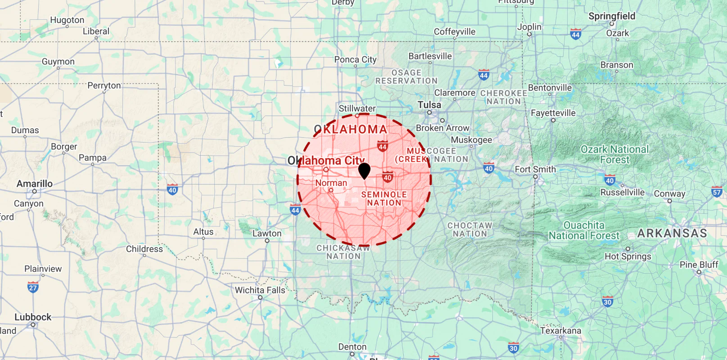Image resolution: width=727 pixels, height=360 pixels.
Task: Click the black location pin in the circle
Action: pos(364,171)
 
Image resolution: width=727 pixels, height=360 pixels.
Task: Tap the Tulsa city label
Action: pos(429,105)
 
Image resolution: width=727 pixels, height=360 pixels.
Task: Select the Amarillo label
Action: pos(35,184)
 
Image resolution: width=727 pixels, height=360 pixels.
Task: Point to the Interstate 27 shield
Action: pos(33,288)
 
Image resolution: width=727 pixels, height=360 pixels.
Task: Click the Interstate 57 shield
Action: pos(717,192)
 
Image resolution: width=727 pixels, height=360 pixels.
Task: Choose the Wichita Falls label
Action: pos(260,290)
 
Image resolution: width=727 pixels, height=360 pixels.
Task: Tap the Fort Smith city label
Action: pos(535,169)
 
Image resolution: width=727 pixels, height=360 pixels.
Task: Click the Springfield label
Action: pos(612,16)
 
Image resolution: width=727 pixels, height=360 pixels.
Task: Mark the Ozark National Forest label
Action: pos(614,154)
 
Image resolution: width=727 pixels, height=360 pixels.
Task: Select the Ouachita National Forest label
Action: pos(584,230)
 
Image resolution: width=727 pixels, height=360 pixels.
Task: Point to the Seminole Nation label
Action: pos(384,198)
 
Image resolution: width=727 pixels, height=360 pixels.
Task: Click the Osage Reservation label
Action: pos(406,77)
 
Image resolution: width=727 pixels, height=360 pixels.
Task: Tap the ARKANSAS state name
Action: pos(672,233)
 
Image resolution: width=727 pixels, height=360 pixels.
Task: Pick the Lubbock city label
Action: pos(33,317)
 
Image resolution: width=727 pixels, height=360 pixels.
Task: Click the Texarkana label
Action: pos(560,331)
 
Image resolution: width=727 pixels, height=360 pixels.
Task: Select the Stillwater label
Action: pos(357,108)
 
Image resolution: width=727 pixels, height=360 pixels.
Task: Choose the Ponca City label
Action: pos(355,59)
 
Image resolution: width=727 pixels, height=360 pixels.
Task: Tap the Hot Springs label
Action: pos(628,256)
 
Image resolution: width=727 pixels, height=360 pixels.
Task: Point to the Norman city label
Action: pos(331,183)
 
